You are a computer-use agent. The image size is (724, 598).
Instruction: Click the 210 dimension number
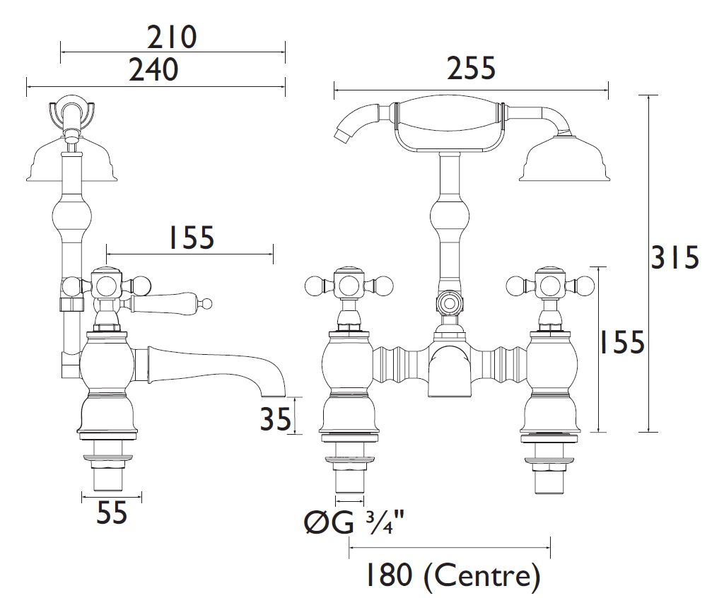173,37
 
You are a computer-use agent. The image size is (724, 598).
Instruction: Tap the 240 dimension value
153,69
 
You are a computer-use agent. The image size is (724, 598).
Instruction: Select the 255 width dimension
471,68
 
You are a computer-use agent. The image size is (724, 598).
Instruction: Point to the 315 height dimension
675,258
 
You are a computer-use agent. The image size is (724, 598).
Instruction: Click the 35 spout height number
276,420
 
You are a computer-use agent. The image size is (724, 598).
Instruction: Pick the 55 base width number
111,512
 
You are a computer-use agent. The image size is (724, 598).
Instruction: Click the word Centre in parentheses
481,575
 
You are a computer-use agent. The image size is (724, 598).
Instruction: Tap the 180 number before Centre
389,575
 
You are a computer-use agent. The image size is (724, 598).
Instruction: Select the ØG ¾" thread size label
354,522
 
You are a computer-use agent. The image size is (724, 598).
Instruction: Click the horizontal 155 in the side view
192,238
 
